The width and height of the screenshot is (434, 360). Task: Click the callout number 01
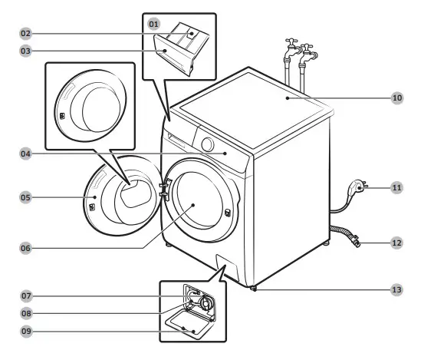click(x=153, y=24)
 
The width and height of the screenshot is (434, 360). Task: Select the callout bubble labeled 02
click(x=25, y=34)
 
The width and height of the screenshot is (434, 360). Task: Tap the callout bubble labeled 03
click(x=25, y=51)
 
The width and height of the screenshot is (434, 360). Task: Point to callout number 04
click(x=25, y=154)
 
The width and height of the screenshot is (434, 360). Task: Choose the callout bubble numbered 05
click(x=25, y=197)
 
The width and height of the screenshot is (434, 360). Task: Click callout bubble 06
click(x=25, y=248)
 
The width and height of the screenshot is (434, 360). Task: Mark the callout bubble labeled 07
click(x=25, y=296)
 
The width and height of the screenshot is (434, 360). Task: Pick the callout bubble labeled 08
click(x=25, y=313)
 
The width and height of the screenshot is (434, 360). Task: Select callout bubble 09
click(x=25, y=331)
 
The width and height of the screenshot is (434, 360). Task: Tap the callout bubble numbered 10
click(x=396, y=98)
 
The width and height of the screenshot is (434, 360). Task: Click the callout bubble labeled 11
click(x=396, y=187)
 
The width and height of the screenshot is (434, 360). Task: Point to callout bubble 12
click(x=396, y=243)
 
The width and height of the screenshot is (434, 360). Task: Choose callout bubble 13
click(x=396, y=289)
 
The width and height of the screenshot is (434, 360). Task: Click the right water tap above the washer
click(x=307, y=55)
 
